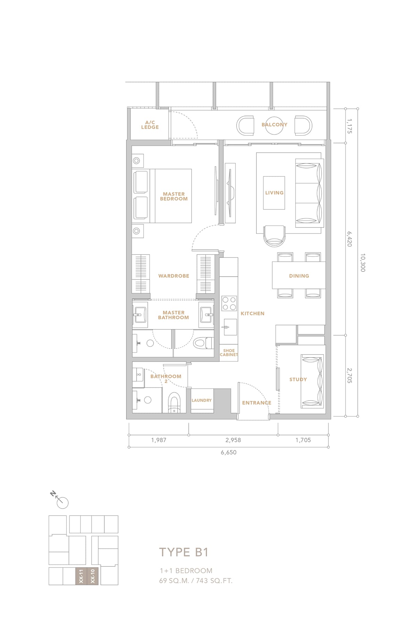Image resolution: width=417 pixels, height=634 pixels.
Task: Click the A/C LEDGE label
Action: point(150,125)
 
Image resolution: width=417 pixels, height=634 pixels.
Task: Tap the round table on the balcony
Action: point(275,125)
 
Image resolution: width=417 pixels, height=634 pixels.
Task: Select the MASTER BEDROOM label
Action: point(174,197)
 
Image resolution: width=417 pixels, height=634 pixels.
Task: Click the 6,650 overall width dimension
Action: point(229,452)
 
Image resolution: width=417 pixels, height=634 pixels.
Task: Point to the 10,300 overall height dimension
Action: point(363,262)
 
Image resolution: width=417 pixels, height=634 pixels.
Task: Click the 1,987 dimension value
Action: point(158,440)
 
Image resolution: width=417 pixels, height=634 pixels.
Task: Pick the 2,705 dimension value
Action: point(350,376)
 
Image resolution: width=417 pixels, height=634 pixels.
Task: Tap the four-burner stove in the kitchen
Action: point(229,303)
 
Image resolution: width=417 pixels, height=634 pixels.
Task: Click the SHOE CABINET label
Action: point(229,353)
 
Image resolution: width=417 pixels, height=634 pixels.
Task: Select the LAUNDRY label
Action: point(202,400)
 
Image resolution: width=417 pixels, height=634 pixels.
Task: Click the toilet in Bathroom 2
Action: point(174,403)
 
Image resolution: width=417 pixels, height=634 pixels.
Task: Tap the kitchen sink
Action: point(230,327)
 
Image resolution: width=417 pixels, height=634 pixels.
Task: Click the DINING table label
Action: point(299,276)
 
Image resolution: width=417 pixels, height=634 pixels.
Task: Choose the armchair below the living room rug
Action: point(275,236)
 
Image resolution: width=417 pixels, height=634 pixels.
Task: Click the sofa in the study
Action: point(312,381)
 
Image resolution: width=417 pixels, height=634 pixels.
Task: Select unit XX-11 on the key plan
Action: point(81,576)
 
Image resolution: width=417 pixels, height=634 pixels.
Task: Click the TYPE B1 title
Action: point(184,552)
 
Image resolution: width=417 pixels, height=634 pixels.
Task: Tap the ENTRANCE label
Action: point(256,403)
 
